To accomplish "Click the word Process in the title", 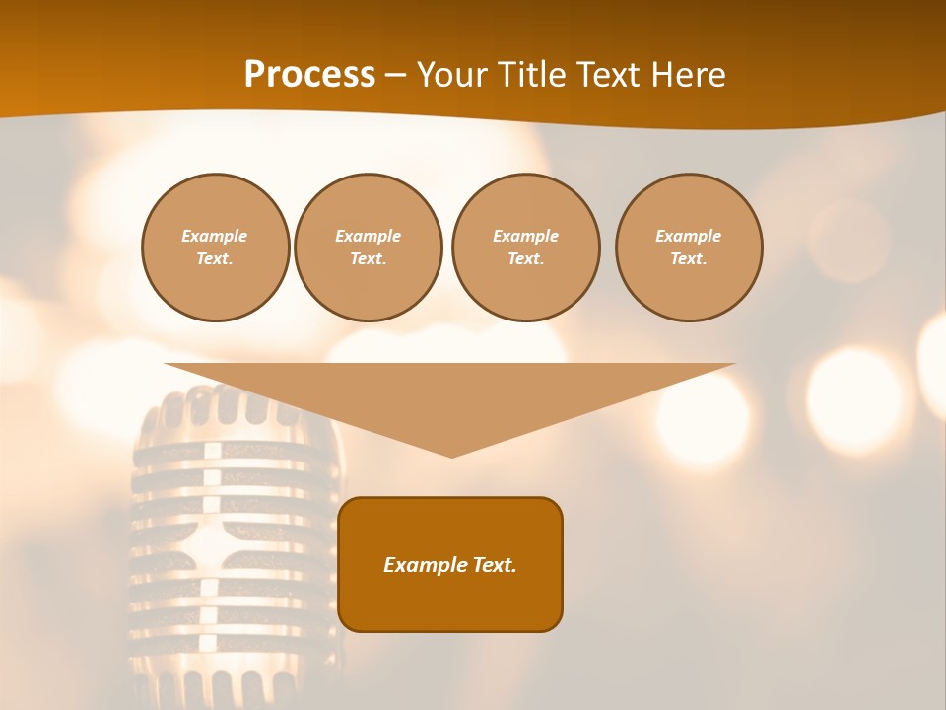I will [x=309, y=75].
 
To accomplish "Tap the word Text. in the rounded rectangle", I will [x=493, y=565].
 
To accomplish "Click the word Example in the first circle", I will [x=215, y=236].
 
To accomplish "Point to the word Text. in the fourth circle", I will [x=689, y=258].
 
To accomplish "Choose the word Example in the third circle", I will [x=525, y=236].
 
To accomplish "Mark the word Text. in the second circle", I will [x=368, y=258].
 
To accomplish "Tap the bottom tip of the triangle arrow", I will [x=451, y=455].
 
